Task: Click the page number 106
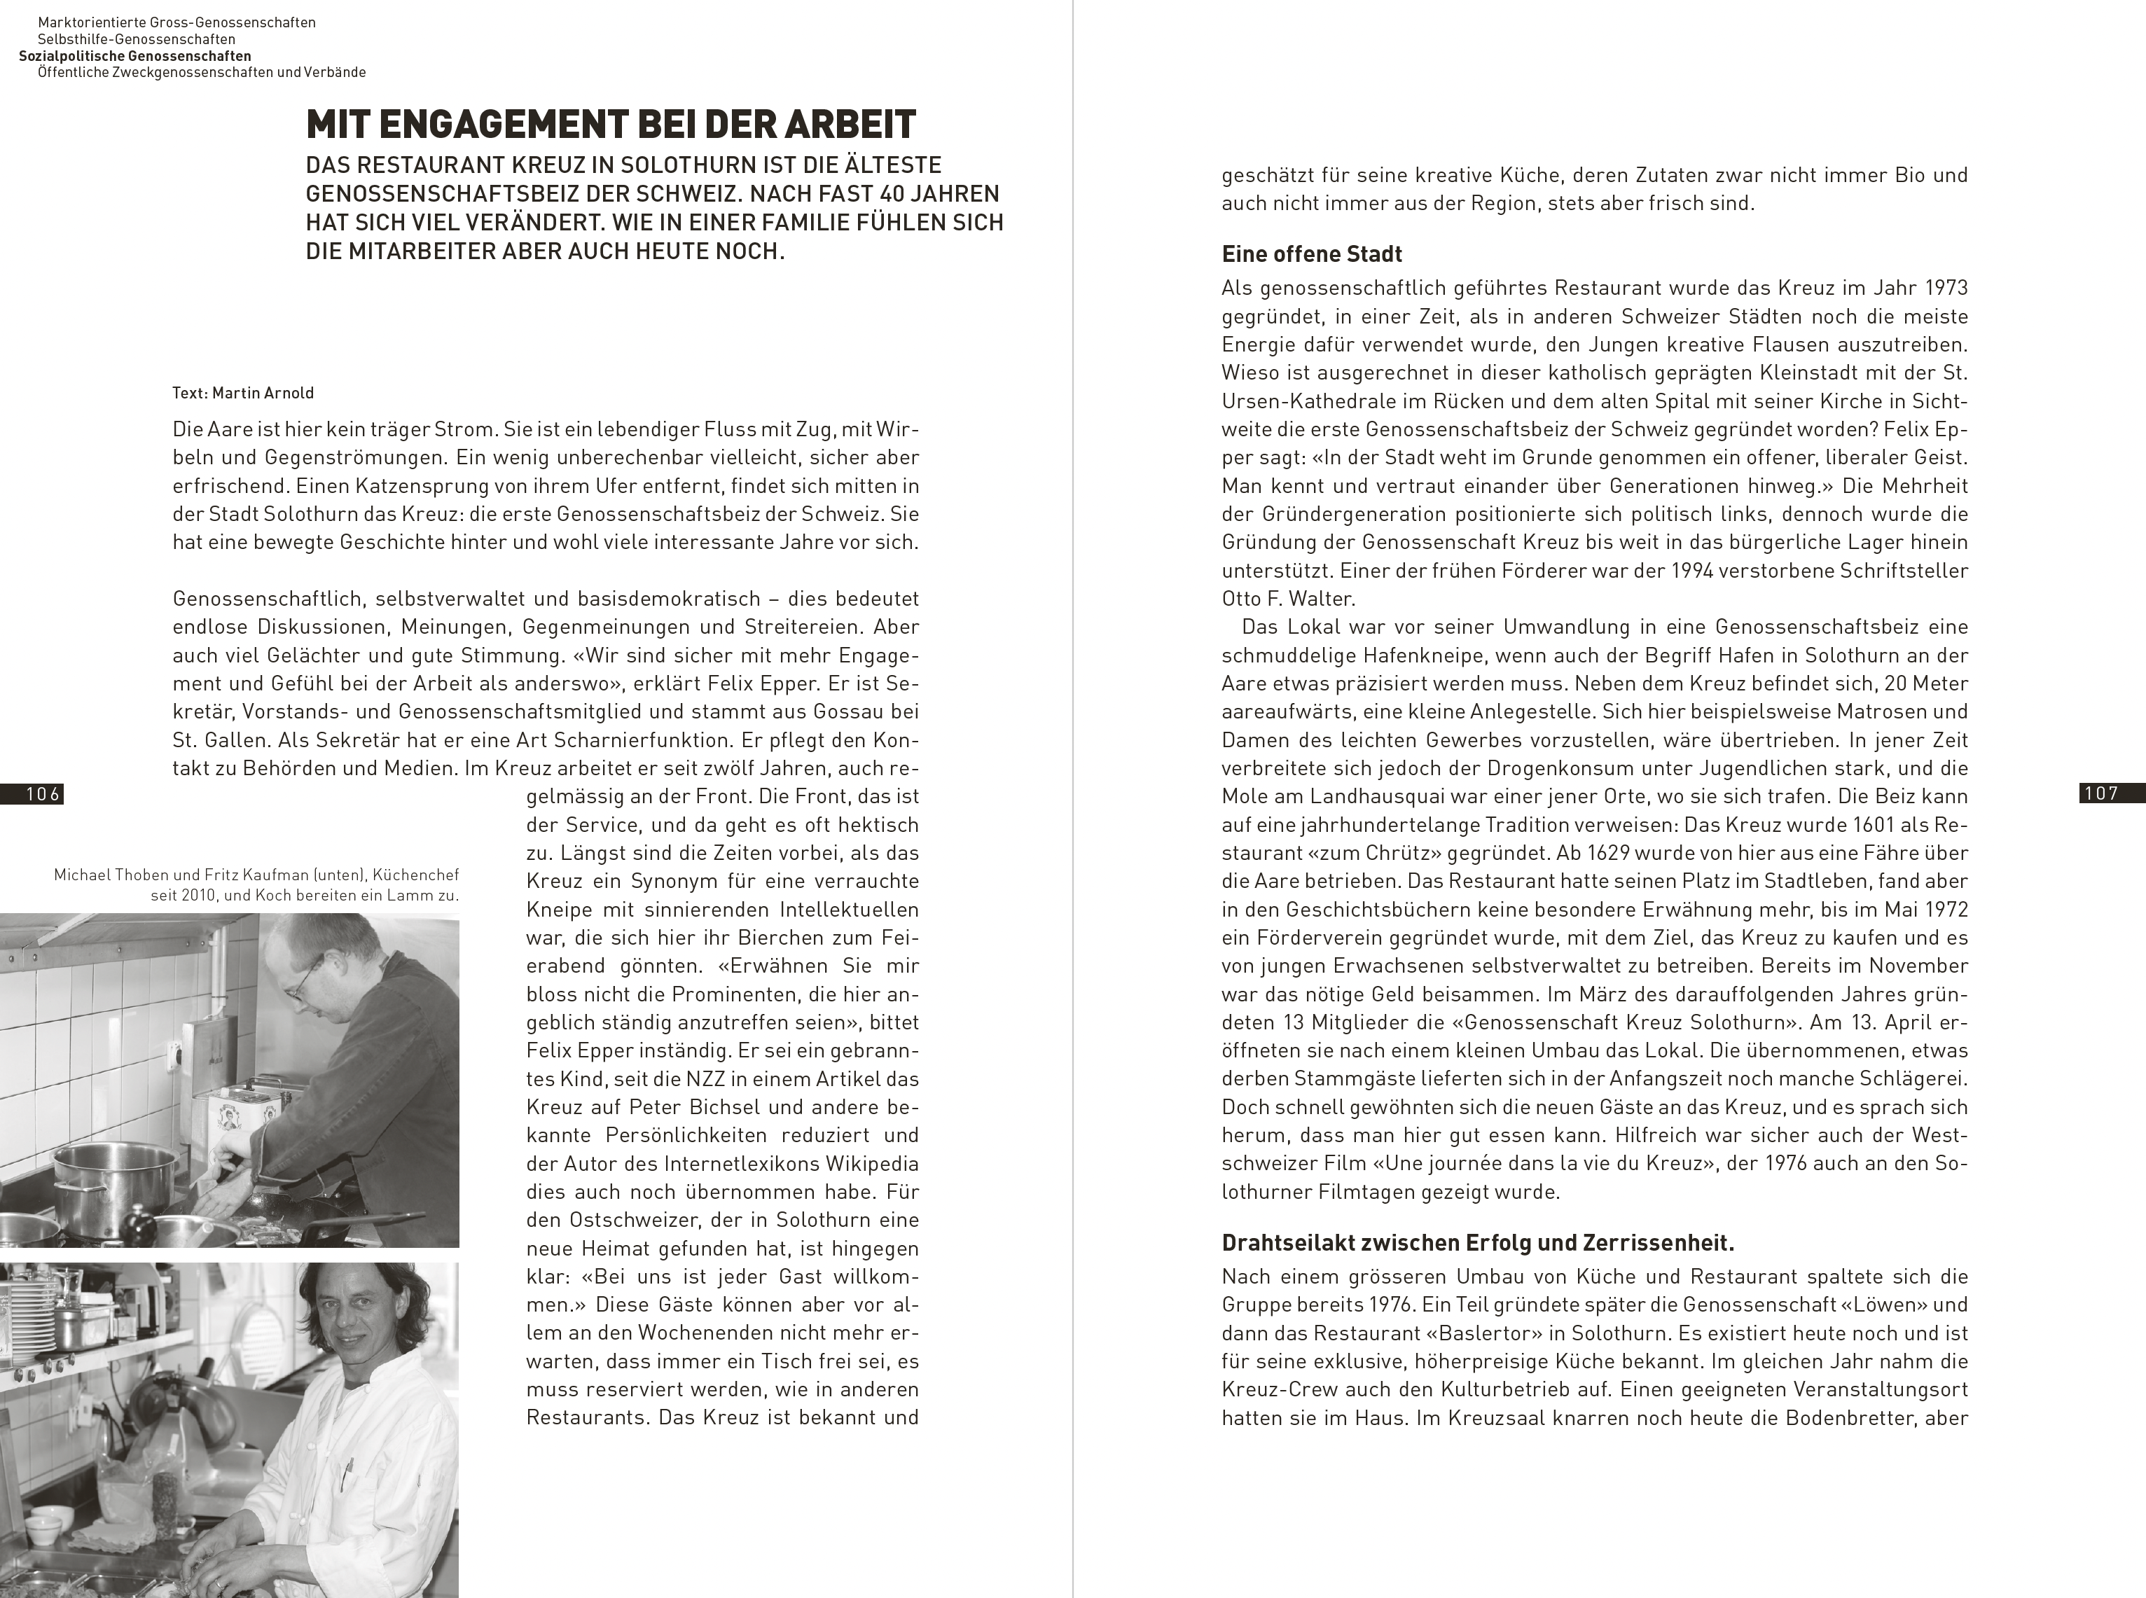[x=43, y=794]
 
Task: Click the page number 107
[x=2100, y=793]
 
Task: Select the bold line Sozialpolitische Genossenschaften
[x=134, y=56]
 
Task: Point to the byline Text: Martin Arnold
[x=243, y=393]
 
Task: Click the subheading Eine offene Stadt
[x=1311, y=254]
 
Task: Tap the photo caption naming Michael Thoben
[x=256, y=885]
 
